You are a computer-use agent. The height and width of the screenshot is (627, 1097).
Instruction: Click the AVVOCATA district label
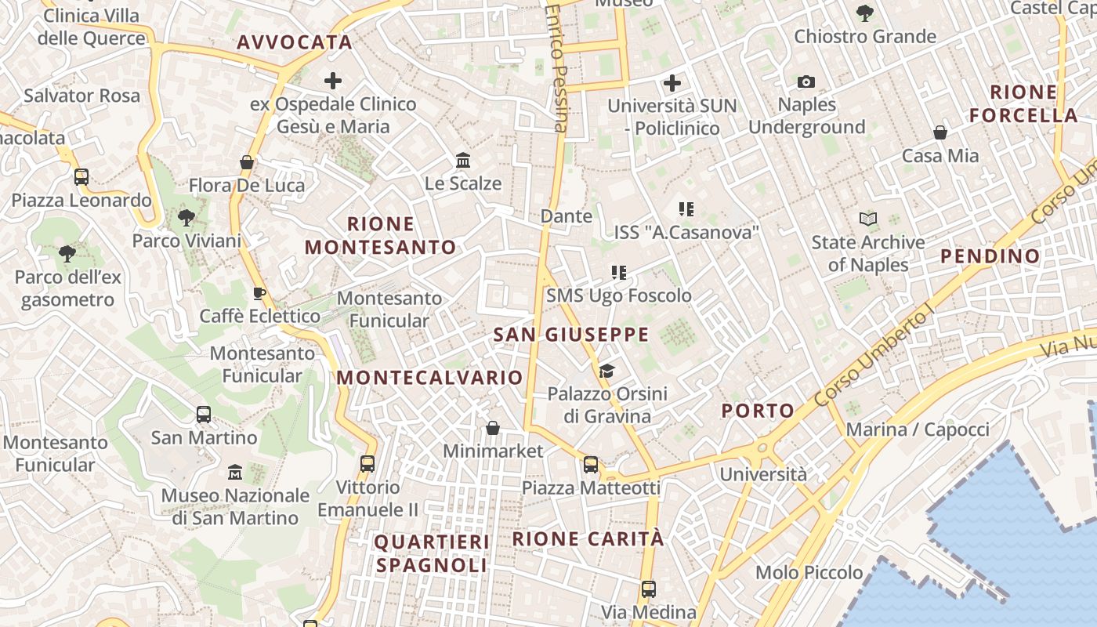pyautogui.click(x=295, y=42)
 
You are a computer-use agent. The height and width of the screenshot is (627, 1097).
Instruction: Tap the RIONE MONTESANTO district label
pyautogui.click(x=380, y=236)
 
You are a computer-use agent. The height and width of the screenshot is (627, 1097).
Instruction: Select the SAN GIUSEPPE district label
pyautogui.click(x=571, y=335)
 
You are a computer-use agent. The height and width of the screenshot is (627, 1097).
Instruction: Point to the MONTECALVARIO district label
pyautogui.click(x=429, y=377)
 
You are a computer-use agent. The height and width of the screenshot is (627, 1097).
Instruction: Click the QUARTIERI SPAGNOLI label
pyautogui.click(x=432, y=553)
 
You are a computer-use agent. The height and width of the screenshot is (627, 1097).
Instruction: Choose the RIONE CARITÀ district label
pyautogui.click(x=588, y=538)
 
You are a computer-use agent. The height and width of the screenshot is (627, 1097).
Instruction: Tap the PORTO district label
pyautogui.click(x=758, y=410)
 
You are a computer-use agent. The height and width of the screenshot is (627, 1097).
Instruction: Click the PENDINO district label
pyautogui.click(x=990, y=256)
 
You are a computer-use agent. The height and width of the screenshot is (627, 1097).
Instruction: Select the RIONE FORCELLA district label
pyautogui.click(x=1023, y=103)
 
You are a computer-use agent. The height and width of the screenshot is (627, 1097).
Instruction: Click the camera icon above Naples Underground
pyautogui.click(x=806, y=82)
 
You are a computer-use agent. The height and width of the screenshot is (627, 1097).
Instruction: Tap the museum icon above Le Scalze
pyautogui.click(x=463, y=161)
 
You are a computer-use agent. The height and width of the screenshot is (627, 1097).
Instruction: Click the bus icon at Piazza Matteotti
pyautogui.click(x=591, y=465)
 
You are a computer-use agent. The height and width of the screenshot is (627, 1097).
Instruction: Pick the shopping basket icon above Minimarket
pyautogui.click(x=493, y=428)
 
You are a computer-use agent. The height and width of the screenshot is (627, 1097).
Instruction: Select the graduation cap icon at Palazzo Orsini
pyautogui.click(x=606, y=370)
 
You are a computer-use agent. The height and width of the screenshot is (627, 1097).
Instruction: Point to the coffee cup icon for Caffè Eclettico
pyautogui.click(x=259, y=293)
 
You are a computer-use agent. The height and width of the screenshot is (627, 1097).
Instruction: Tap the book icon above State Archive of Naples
pyautogui.click(x=867, y=219)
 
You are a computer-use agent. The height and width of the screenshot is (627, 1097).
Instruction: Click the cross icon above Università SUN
pyautogui.click(x=672, y=83)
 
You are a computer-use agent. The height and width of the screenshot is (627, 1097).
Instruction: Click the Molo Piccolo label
pyautogui.click(x=809, y=572)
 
